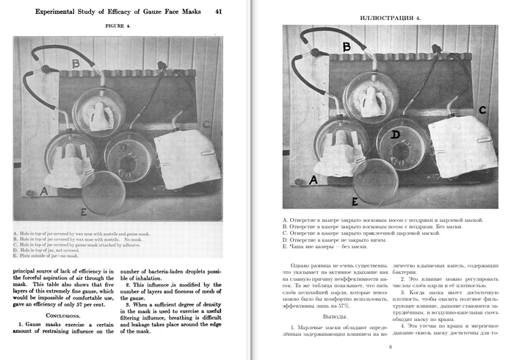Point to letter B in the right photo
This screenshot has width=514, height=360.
click(x=347, y=47)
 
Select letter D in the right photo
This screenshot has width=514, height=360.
click(x=395, y=134)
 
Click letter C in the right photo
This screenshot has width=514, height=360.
click(x=482, y=110)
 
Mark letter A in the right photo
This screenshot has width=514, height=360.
click(x=314, y=179)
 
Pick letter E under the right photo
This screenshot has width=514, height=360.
click(x=355, y=201)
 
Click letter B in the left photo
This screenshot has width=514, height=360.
click(x=76, y=64)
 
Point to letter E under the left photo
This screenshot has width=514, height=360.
click(x=85, y=212)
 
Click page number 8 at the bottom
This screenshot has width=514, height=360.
click(x=390, y=347)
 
